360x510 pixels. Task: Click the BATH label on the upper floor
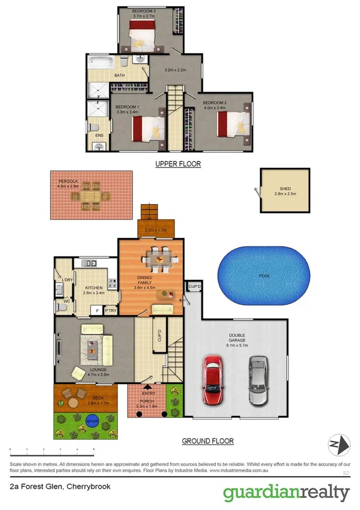pos(120,75)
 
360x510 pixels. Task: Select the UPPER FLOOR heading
pos(178,164)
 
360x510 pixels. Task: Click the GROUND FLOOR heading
pos(208,441)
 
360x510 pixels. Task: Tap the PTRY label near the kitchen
pos(110,311)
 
